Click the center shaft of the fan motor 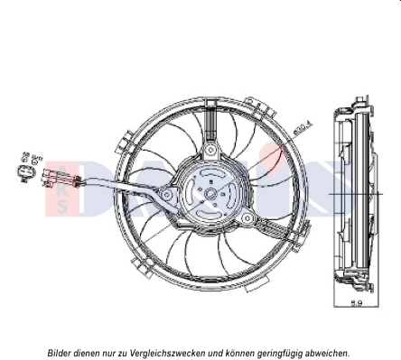[x=210, y=191]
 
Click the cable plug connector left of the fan [x=51, y=175]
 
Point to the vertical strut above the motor [x=210, y=126]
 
